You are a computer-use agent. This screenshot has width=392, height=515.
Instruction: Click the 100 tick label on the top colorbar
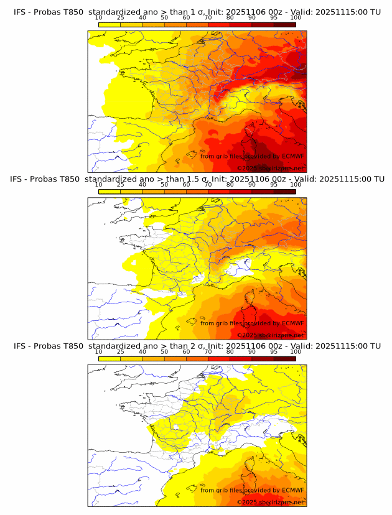click(x=296, y=17)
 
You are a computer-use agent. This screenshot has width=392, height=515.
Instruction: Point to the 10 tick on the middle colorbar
click(x=99, y=185)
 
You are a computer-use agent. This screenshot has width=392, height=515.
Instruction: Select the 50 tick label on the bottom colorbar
click(x=164, y=351)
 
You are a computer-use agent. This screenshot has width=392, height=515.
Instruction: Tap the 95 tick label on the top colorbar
click(x=274, y=17)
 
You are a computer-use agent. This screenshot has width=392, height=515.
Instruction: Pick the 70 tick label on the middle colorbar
click(x=208, y=185)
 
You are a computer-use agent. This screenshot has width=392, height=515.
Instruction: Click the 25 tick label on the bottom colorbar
click(x=121, y=351)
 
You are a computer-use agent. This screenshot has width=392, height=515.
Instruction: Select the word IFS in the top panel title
click(x=21, y=12)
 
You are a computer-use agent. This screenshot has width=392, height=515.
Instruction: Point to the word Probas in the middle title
click(x=49, y=179)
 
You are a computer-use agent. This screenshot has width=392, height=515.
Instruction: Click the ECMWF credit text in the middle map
click(x=292, y=323)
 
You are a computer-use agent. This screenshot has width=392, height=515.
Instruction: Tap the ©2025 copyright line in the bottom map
click(x=270, y=502)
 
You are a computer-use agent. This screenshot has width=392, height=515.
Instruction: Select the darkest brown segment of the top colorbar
click(x=284, y=24)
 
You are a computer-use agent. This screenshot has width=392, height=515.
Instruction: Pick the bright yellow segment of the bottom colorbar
click(x=110, y=358)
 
